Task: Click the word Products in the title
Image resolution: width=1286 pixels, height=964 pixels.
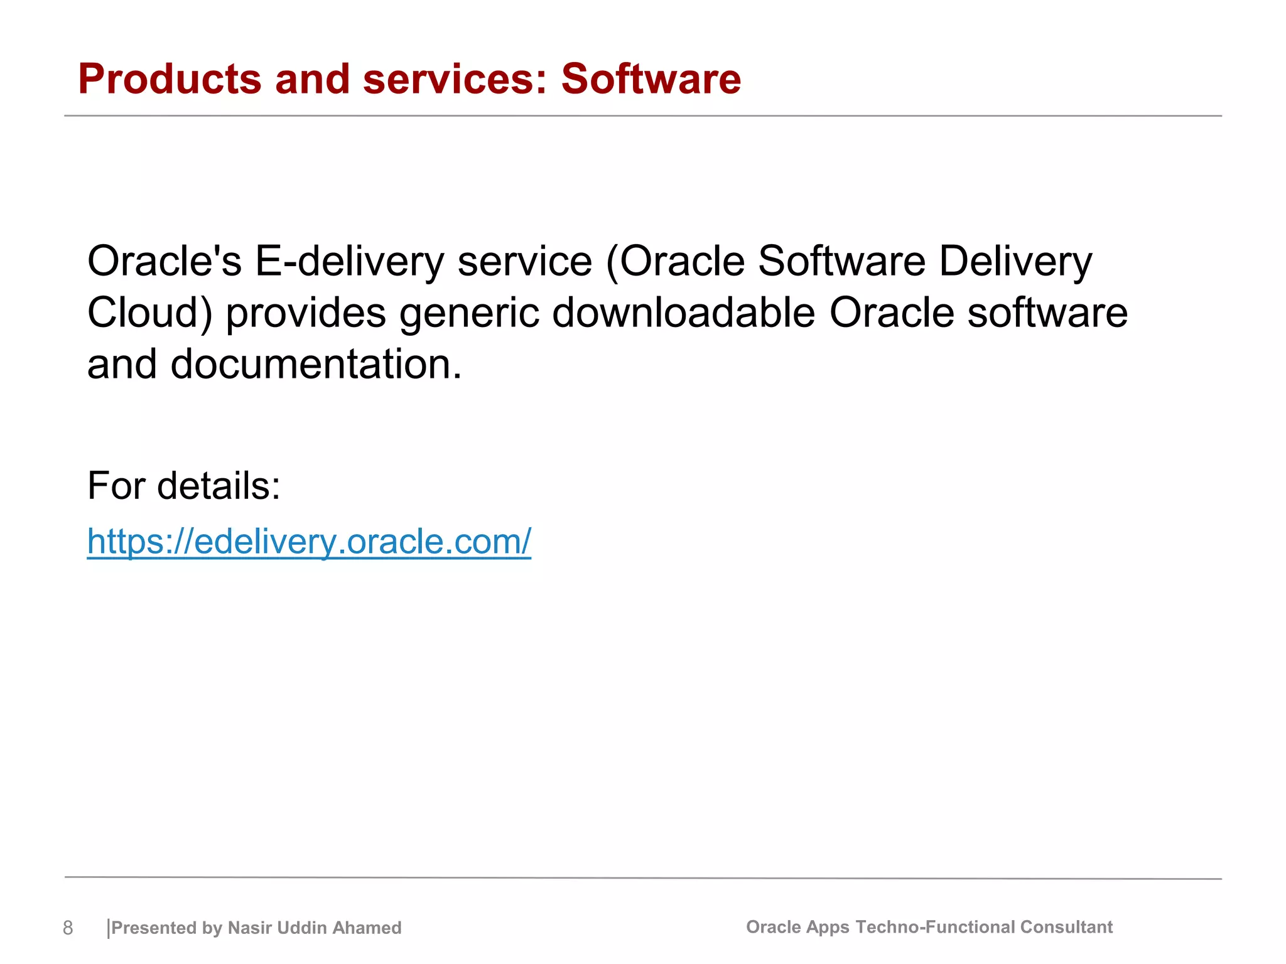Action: point(170,80)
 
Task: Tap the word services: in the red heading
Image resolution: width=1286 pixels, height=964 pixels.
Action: point(455,80)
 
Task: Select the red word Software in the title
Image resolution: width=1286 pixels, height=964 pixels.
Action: point(651,80)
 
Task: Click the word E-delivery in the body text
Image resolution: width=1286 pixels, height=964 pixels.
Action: point(349,262)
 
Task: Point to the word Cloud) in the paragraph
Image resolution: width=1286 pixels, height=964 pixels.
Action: point(150,313)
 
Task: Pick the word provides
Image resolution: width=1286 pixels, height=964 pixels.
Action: point(306,313)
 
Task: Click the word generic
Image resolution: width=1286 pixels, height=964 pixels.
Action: point(469,313)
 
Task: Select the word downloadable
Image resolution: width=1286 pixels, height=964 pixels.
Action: point(683,313)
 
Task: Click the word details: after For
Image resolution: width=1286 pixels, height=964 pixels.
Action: point(219,486)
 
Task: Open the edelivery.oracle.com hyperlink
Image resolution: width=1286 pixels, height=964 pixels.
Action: point(309,541)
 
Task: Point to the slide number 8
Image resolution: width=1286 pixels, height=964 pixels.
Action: point(68,928)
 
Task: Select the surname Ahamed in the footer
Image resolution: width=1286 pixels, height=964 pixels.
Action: point(367,928)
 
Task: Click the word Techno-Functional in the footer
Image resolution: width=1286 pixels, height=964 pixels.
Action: point(935,927)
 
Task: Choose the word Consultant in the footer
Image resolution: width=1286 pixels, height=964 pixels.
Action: point(1066,927)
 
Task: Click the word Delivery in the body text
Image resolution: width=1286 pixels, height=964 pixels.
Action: point(1015,262)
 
